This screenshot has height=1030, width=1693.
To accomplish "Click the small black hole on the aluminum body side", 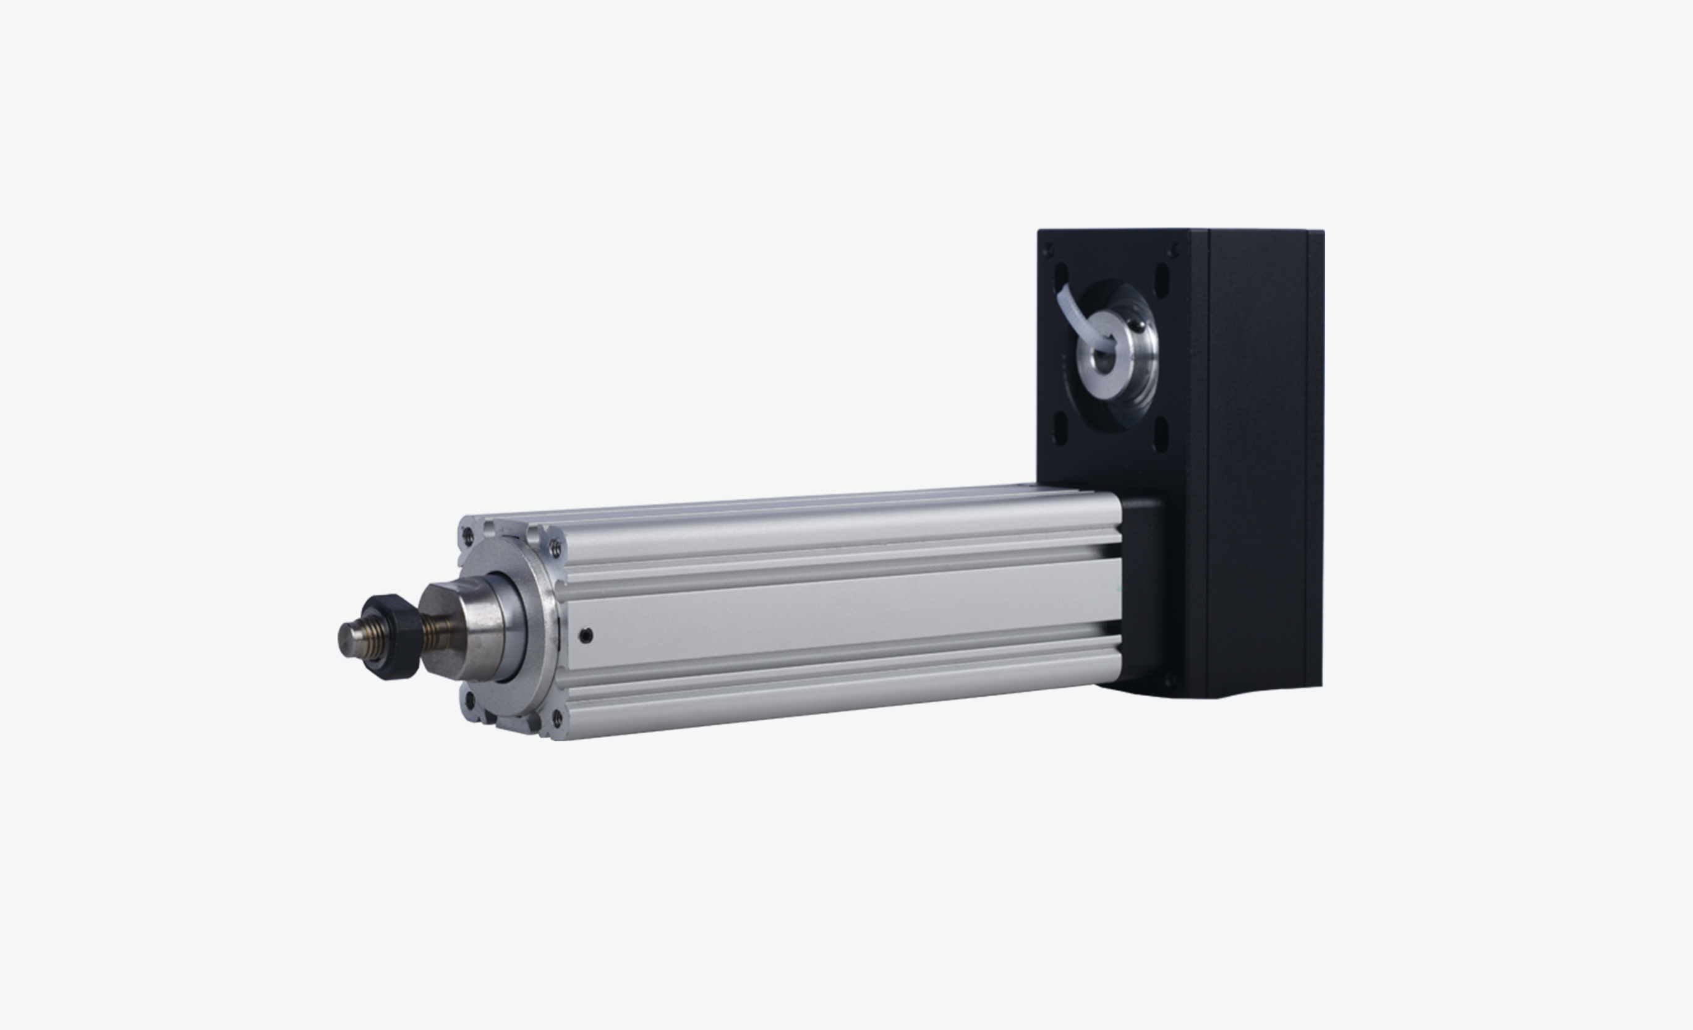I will pos(586,636).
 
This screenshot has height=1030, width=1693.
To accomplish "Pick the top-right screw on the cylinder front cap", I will pos(555,548).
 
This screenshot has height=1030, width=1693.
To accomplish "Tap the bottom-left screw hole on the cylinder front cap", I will pos(471,701).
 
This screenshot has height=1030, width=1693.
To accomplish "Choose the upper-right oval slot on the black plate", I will pos(1162,279).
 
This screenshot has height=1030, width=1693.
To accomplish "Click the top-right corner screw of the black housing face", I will pos(1174,249).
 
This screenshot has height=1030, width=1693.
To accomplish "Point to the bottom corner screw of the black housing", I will pos(1172,681).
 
